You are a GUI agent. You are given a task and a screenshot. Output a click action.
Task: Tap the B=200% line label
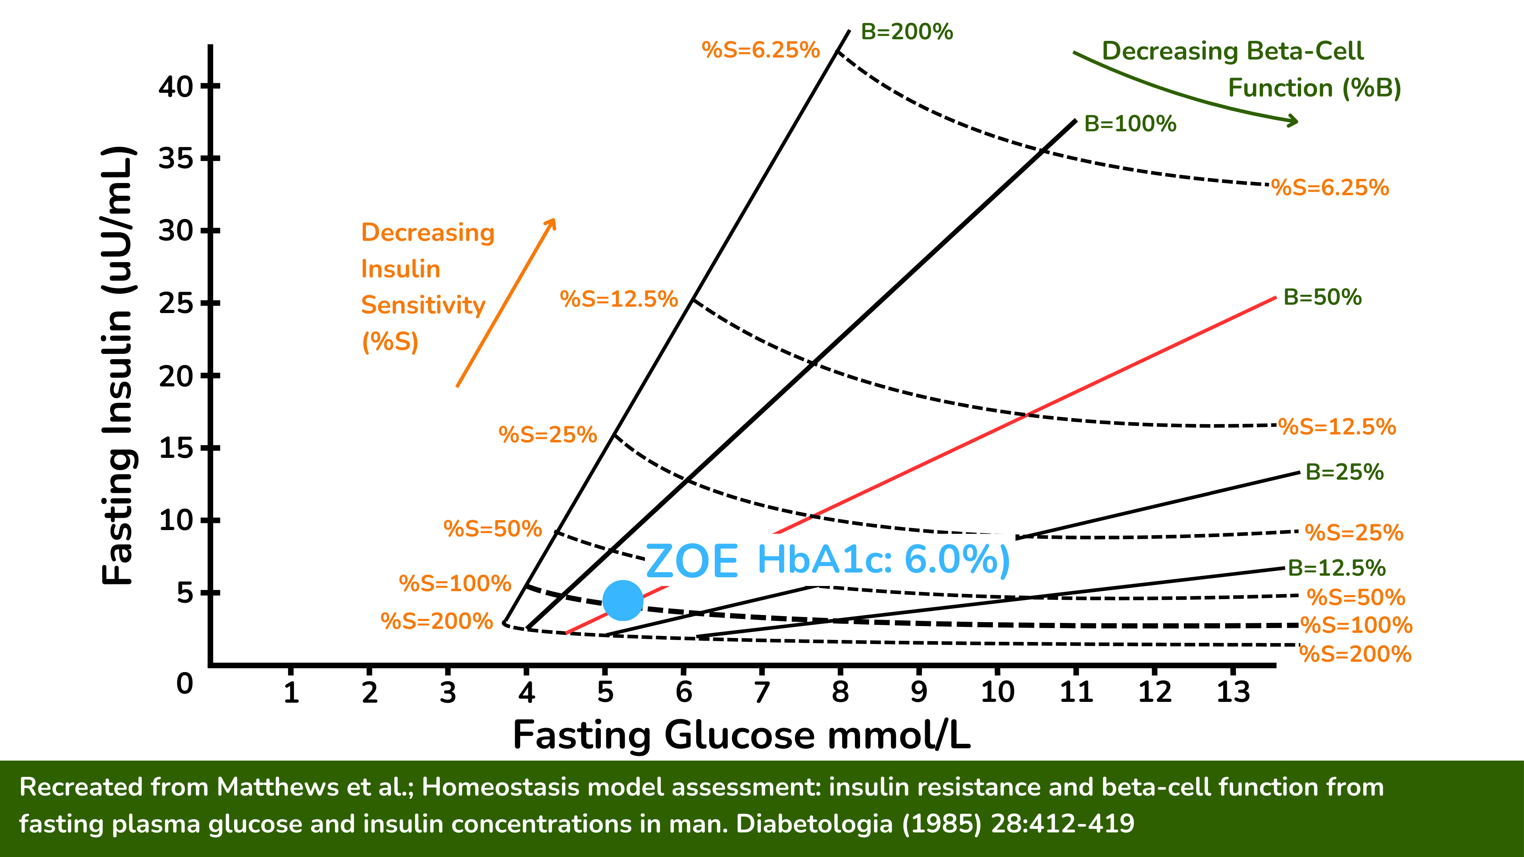(906, 32)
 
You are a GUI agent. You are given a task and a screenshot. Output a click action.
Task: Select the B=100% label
(1130, 124)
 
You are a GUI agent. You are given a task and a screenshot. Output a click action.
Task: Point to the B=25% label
(1344, 472)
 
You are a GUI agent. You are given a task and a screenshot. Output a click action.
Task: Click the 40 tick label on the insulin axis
(176, 87)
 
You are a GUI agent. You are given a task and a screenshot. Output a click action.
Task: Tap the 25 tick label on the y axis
(176, 304)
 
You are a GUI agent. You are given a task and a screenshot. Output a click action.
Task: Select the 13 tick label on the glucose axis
(1233, 692)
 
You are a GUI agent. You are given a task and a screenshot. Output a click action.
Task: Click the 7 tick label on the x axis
(762, 692)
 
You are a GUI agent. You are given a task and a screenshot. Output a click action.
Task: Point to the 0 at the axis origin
(185, 684)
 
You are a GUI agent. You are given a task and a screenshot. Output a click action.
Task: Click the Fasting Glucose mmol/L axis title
(741, 735)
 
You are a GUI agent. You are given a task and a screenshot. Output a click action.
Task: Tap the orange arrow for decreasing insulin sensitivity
(506, 303)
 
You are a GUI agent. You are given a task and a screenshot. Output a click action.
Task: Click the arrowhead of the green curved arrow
(1293, 121)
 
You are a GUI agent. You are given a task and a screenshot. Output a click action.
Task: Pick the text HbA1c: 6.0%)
(883, 559)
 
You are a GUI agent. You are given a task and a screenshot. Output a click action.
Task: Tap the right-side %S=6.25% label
(1330, 188)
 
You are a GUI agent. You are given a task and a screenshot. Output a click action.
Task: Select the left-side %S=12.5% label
(618, 299)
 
